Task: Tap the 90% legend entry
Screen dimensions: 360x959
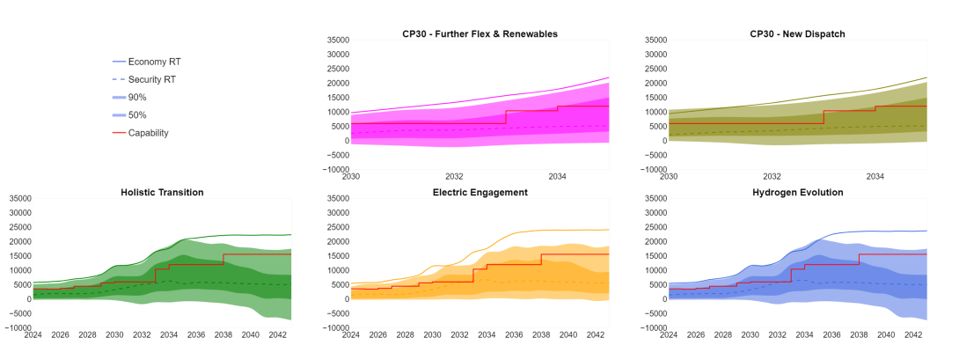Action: click(137, 97)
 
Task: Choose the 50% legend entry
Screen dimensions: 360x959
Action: click(137, 115)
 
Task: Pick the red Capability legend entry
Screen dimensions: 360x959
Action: click(148, 133)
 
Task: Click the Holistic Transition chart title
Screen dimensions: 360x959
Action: click(162, 192)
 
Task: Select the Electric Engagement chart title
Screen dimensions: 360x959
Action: click(479, 192)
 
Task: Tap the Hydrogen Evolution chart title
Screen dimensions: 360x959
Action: click(798, 192)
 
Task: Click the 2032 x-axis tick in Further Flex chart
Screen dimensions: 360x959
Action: click(454, 177)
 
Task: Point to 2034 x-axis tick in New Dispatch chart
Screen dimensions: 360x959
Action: click(875, 177)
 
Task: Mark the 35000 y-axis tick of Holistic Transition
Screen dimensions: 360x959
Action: click(19, 199)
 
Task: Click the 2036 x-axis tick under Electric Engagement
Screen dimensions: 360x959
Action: click(514, 335)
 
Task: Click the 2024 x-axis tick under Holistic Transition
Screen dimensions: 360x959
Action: click(33, 335)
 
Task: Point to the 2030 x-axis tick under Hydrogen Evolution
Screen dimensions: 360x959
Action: click(750, 335)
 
